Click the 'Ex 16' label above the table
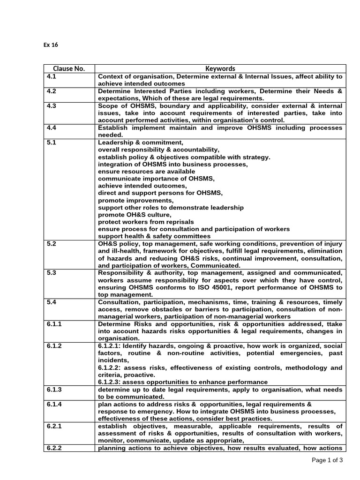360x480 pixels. pos(50,45)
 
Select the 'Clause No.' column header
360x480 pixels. pos(69,68)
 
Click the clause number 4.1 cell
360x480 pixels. pos(52,76)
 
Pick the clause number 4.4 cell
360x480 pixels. pos(52,127)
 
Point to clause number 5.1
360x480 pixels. pos(52,142)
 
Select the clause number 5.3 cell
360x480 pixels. pos(52,273)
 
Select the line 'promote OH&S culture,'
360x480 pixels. pos(132,214)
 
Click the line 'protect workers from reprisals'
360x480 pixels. pos(146,222)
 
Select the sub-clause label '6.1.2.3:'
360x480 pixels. pos(111,382)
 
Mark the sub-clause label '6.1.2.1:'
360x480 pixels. pos(111,346)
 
